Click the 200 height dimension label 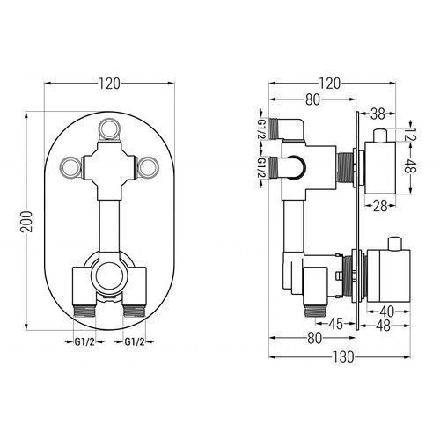click(26, 222)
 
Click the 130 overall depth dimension click(343, 357)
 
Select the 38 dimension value click(378, 114)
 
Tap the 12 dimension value click(412, 134)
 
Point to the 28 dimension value click(380, 206)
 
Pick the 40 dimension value click(386, 312)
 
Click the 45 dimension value click(335, 324)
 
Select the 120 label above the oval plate click(109, 84)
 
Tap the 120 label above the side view click(330, 84)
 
